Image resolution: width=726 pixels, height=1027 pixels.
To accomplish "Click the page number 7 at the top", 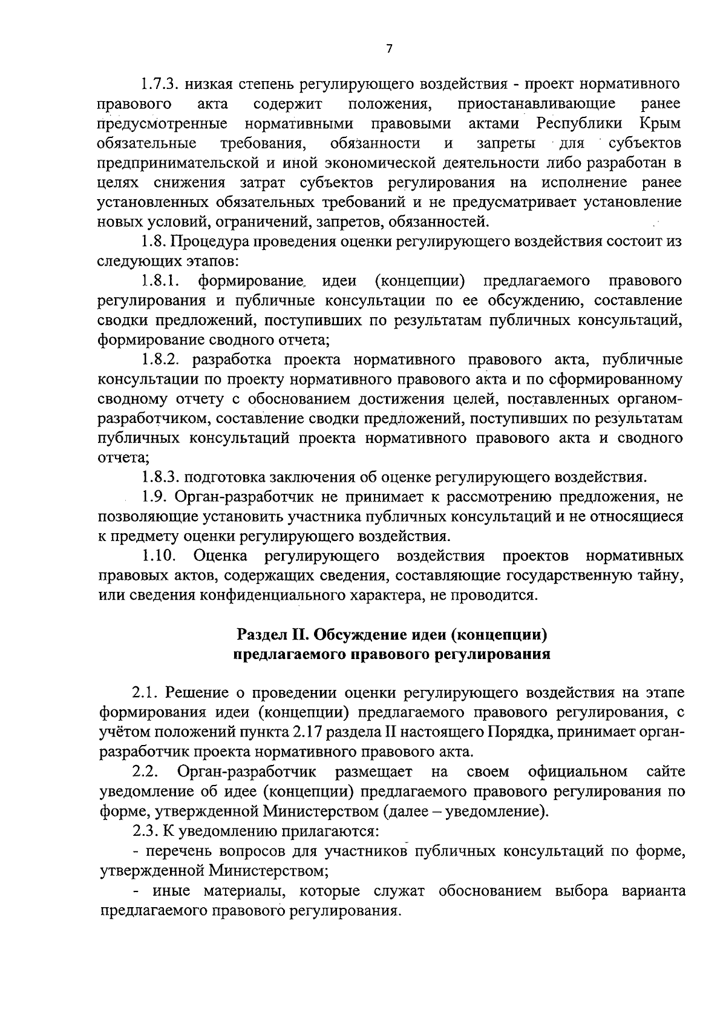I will [388, 49].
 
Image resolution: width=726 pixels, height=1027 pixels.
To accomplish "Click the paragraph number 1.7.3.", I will [160, 84].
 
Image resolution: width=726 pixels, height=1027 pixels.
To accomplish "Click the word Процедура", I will [210, 241].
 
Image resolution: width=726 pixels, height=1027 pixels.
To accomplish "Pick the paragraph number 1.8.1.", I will [162, 281].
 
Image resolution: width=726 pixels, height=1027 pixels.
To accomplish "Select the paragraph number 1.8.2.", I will [162, 360].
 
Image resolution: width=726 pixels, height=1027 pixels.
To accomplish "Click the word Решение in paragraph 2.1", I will [196, 693].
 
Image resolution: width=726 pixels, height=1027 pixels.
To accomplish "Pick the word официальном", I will [577, 772].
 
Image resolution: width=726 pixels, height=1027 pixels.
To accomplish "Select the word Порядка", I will [518, 733].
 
